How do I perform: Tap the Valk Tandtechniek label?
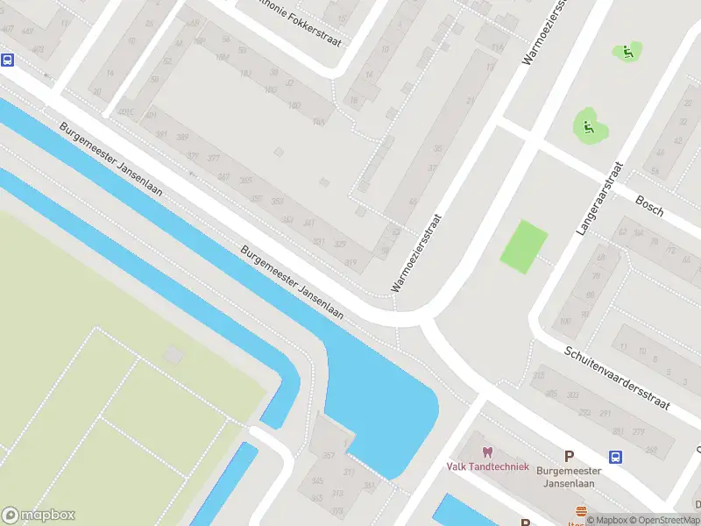(487, 466)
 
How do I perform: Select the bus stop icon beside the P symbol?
(616, 456)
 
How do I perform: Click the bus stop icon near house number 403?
(8, 60)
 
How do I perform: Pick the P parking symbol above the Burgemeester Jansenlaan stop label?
(569, 456)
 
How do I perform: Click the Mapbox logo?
(39, 515)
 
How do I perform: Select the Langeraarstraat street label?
(598, 199)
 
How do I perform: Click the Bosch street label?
(649, 205)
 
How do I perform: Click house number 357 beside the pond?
(329, 455)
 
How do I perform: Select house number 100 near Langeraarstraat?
(565, 322)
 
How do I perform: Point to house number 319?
(352, 262)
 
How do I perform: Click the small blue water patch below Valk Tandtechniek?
(456, 512)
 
